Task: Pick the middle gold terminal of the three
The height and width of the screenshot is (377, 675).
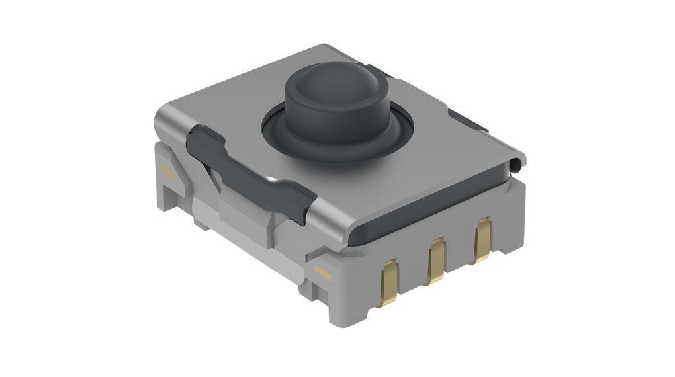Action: (435, 261)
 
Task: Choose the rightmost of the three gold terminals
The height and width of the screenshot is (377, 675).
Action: (482, 241)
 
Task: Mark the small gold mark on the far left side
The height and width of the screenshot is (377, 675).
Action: (166, 173)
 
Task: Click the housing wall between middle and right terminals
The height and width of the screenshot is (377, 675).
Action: (458, 255)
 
